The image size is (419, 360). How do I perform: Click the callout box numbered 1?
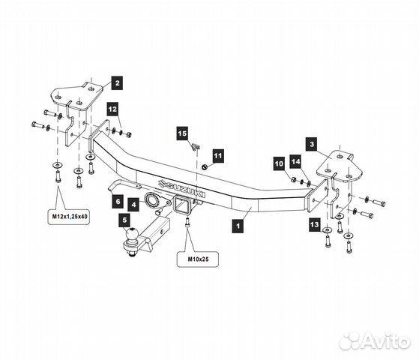(238, 226)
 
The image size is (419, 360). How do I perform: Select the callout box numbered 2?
(118, 83)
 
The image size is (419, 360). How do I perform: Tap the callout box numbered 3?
(312, 145)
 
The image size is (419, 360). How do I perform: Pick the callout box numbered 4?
(133, 205)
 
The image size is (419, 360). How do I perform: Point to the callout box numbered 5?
(124, 220)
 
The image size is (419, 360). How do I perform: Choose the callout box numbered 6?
(118, 201)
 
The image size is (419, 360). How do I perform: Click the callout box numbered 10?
(279, 163)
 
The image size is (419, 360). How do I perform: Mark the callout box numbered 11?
(218, 156)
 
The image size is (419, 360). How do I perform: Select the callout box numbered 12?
(112, 109)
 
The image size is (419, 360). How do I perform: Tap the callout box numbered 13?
(315, 224)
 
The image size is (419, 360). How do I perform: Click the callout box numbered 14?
(296, 161)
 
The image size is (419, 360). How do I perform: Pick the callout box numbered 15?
(182, 133)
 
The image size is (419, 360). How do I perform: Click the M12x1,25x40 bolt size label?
(68, 216)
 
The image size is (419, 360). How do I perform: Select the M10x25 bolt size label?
(198, 259)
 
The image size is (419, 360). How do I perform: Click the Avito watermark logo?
(374, 340)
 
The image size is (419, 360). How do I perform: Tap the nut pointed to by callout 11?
(205, 167)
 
